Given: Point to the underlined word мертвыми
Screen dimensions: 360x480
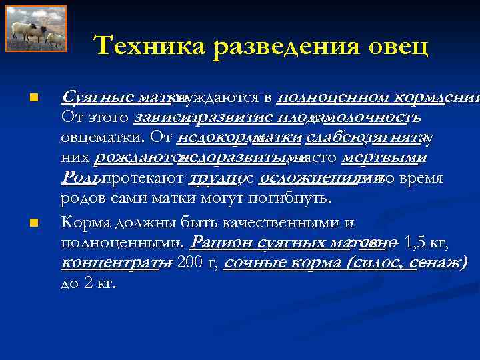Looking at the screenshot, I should click(380, 159).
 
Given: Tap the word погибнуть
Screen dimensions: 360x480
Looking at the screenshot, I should click(293, 199).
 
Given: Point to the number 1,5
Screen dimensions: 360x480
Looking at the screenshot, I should click(416, 241).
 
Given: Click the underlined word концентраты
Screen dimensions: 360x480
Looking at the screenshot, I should click(111, 262).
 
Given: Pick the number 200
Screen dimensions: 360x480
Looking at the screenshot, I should click(188, 262).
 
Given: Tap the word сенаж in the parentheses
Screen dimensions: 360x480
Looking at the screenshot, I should click(437, 262).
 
